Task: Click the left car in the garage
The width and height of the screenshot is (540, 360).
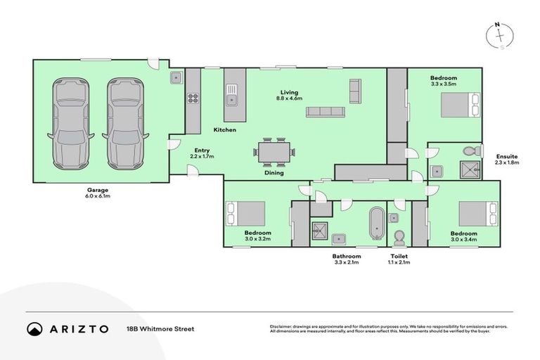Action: point(69,122)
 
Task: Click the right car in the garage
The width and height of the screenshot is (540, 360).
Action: point(123,122)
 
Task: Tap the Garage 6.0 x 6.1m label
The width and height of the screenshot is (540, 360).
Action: point(98,193)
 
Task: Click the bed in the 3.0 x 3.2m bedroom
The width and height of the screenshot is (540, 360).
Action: point(245,213)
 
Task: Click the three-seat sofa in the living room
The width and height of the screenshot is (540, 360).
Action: point(324,111)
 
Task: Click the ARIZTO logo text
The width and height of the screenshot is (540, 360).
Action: point(77,328)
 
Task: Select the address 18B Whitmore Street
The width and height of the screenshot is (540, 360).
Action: point(160,328)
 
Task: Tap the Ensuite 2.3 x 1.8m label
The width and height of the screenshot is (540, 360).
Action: point(506,160)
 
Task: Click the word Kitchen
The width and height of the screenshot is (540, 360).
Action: point(225,130)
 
